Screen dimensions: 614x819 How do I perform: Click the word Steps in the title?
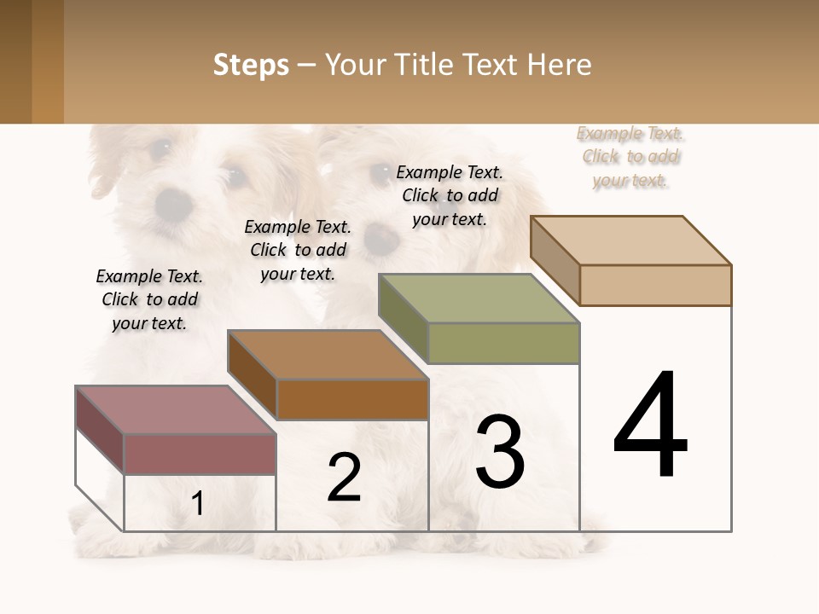click(251, 65)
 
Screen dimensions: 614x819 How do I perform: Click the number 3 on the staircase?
click(500, 452)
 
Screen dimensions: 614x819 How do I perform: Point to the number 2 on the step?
click(345, 478)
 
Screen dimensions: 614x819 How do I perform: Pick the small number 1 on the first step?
click(198, 504)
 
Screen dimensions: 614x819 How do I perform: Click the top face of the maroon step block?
click(176, 410)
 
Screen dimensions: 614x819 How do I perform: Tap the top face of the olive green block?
click(479, 298)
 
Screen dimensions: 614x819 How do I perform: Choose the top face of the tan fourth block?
click(631, 240)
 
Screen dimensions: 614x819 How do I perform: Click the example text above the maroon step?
click(149, 299)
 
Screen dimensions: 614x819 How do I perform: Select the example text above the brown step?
click(298, 250)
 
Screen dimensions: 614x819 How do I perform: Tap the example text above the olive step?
click(450, 195)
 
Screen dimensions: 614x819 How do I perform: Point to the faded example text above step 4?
click(630, 157)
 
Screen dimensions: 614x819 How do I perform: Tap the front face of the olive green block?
click(503, 343)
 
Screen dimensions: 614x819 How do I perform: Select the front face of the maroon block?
click(200, 454)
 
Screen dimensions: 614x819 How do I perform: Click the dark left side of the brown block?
click(253, 375)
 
